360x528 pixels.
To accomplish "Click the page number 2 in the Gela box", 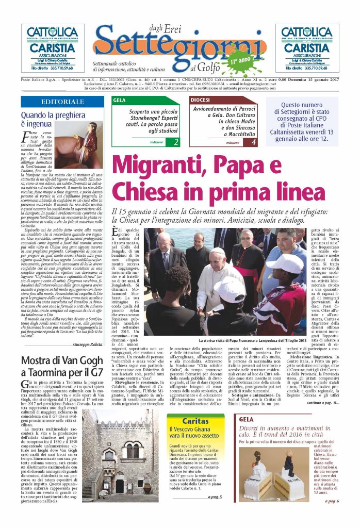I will click(x=176, y=142).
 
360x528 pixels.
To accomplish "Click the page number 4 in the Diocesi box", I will click(x=253, y=142).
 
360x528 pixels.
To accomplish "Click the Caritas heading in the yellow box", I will click(x=195, y=421).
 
